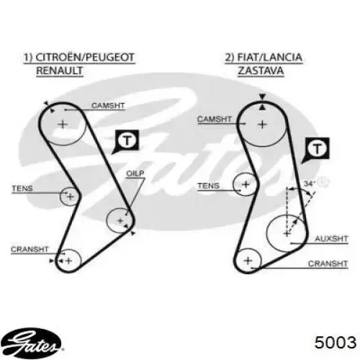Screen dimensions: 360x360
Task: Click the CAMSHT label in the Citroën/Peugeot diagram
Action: pos(108,105)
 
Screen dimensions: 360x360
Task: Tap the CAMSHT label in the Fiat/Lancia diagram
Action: pos(215,119)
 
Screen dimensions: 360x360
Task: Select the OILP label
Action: pos(135,174)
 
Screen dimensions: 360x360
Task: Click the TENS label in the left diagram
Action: pos(22,189)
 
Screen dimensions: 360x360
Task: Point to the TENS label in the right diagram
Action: pos(209,186)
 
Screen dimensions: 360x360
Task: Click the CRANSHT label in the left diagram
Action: pos(30,249)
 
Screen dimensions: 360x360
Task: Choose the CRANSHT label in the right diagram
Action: pos(328,264)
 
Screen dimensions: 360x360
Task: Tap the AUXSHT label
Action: pos(331,239)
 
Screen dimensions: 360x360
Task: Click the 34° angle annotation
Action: pos(310,184)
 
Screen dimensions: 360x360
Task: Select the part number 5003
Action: pos(336,342)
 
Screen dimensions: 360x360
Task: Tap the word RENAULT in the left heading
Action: pos(60,71)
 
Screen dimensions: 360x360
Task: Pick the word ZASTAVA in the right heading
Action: pos(261,71)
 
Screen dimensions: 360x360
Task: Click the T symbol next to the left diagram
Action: pos(127,140)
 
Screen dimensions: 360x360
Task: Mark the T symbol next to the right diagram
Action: pos(318,149)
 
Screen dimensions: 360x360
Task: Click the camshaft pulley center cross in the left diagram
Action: pos(63,125)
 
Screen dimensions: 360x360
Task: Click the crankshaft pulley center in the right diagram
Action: pos(248,261)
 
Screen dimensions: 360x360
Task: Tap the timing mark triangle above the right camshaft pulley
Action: pos(262,96)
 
